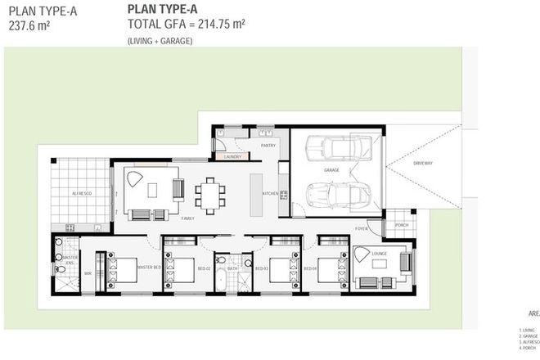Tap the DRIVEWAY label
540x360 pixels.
pos(422,163)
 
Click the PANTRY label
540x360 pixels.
pos(268,145)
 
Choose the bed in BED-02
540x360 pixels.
pos(182,269)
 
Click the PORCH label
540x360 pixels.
pos(401,225)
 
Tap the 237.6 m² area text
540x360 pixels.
pos(30,25)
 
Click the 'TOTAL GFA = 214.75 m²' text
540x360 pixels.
pos(187,25)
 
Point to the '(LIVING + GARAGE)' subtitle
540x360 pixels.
pos(160,41)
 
